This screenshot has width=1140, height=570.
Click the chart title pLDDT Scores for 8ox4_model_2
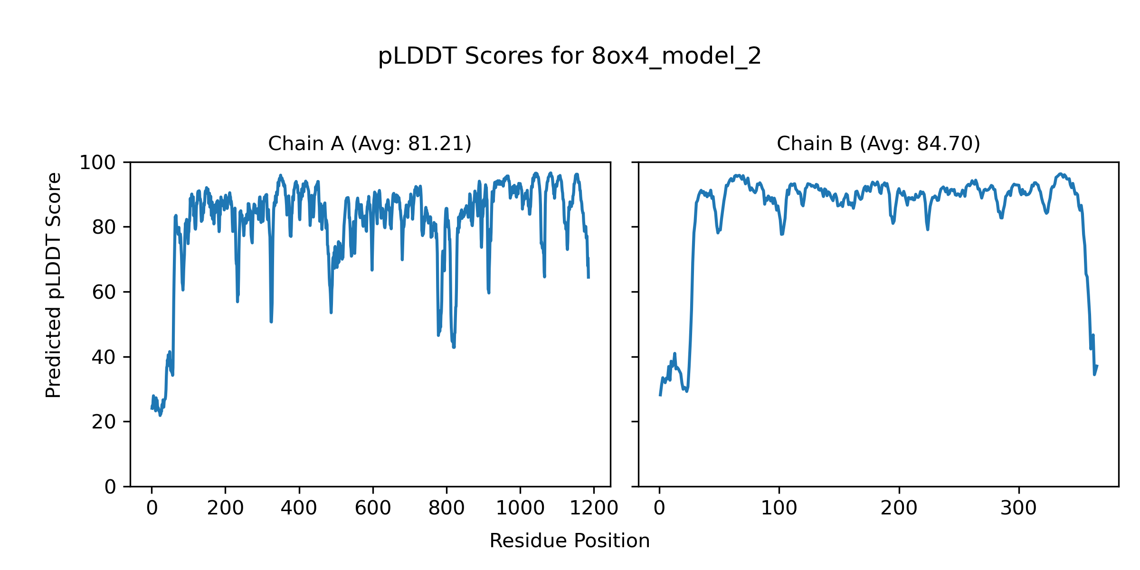point(570,56)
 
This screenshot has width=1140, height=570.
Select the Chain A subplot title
point(370,143)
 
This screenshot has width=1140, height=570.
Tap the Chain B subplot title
point(878,143)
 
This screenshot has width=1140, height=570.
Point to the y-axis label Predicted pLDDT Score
point(53,285)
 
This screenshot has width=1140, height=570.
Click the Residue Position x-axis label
point(570,541)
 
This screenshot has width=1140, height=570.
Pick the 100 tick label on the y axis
point(97,163)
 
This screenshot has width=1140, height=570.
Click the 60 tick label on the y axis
point(104,293)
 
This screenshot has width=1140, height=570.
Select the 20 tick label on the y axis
point(104,422)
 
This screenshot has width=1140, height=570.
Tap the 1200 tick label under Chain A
point(594,508)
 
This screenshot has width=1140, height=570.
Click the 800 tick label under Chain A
point(446,508)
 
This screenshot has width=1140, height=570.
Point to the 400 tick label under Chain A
point(299,508)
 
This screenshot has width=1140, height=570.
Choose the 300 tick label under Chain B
point(1018,508)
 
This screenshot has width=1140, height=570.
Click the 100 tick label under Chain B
point(779,508)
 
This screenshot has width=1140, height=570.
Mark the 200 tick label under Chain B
point(899,508)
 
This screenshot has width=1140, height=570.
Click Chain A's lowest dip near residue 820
point(454,347)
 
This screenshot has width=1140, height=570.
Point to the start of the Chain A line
point(152,408)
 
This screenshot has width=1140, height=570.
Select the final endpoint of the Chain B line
point(1097,366)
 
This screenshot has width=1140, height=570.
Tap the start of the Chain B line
point(660,395)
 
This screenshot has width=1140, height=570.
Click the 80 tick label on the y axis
point(104,228)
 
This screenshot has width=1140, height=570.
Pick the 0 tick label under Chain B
point(659,508)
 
